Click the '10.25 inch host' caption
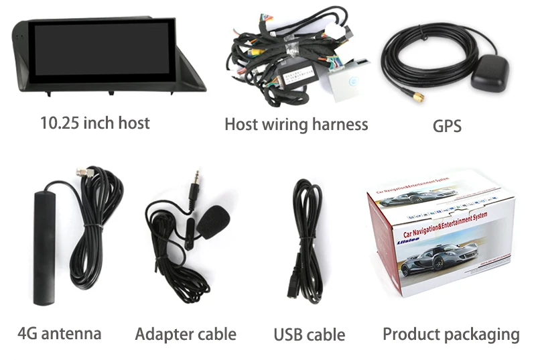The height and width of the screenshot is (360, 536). [94, 123]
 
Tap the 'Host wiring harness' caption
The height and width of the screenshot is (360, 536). [295, 124]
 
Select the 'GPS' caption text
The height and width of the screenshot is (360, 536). [447, 125]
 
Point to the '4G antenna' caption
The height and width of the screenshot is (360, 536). [60, 333]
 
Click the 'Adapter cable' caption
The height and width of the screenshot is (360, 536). [186, 334]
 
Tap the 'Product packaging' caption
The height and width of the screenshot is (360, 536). [451, 334]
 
